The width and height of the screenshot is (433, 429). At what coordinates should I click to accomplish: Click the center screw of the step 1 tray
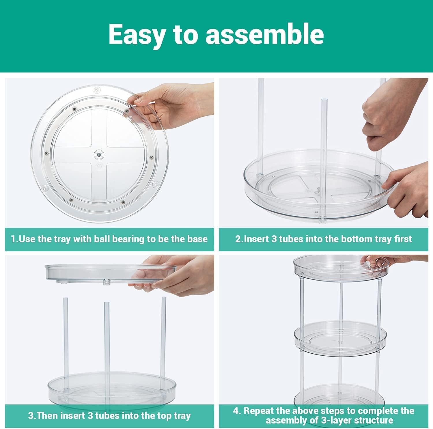coord(99,155)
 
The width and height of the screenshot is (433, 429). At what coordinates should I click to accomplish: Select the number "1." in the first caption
coord(15,239)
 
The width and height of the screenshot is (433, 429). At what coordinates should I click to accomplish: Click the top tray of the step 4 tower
coord(340,267)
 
